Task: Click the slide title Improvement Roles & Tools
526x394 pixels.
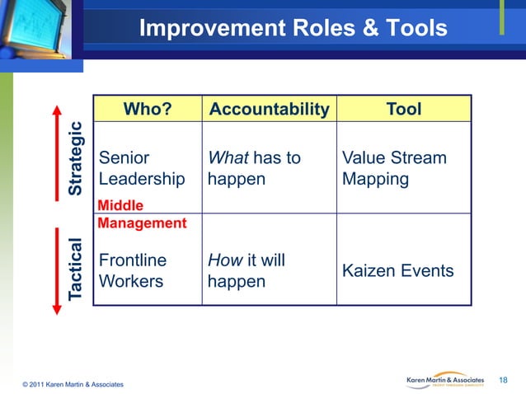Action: point(293,29)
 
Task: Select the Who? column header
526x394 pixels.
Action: point(148,110)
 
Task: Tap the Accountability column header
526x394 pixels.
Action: point(269,110)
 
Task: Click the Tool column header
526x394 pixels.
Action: point(403,110)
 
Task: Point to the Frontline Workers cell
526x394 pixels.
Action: point(132,271)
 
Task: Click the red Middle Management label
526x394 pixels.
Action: point(142,214)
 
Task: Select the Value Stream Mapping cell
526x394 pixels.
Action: point(393,168)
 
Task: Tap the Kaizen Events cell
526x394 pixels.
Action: point(397,270)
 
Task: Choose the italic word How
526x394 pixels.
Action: point(225,260)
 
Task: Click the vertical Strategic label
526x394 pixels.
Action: point(76,158)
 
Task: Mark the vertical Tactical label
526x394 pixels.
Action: point(76,269)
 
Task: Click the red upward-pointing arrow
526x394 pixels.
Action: point(57,148)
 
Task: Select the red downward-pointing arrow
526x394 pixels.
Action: point(57,272)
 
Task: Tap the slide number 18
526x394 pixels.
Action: point(505,378)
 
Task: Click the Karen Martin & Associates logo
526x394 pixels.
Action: point(449,379)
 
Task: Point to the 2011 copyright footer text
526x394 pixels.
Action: point(74,385)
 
